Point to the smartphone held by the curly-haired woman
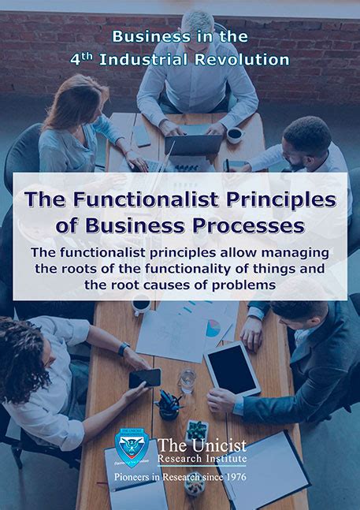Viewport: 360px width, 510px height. [x=145, y=377]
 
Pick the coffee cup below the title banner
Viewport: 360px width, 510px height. [x=142, y=306]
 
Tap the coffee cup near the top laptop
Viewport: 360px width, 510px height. [x=235, y=135]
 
